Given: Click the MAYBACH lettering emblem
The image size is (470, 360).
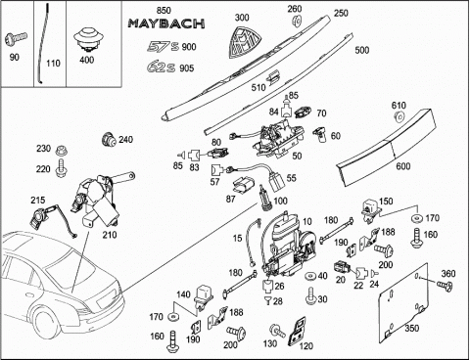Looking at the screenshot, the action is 166,23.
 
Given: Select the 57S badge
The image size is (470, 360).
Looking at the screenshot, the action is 163,46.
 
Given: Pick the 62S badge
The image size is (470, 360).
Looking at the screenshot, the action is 162,67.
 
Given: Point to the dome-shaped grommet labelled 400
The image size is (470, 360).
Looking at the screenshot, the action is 87,40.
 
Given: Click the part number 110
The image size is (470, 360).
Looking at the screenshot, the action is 53,63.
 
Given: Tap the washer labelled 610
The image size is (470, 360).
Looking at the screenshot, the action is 399,117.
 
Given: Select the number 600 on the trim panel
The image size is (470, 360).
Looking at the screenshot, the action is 402,166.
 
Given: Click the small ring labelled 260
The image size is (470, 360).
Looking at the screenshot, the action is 297,22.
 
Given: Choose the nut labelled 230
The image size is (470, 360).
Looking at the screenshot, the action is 60,151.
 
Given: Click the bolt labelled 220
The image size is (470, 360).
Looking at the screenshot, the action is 60,168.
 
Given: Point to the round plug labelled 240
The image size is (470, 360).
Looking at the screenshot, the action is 109,140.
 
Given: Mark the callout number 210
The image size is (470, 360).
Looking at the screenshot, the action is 110,235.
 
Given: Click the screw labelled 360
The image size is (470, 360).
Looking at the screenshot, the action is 445,286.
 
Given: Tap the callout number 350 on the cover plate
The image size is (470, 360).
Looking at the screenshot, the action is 412,328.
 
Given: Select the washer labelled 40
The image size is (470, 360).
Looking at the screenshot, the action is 309,277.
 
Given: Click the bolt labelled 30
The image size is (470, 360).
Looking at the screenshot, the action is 310,296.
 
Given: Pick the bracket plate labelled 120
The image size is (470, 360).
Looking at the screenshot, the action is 297,332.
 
